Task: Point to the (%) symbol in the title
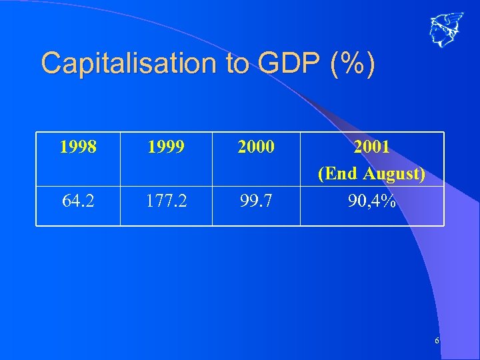point(351,64)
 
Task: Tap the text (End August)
point(372,173)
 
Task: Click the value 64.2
point(77,200)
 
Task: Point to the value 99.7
point(255,200)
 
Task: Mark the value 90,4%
point(372,200)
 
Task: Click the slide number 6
point(437,341)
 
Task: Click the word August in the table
point(391,173)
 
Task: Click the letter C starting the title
point(51,64)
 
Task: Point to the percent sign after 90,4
point(389,200)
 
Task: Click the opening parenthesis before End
point(321,174)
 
